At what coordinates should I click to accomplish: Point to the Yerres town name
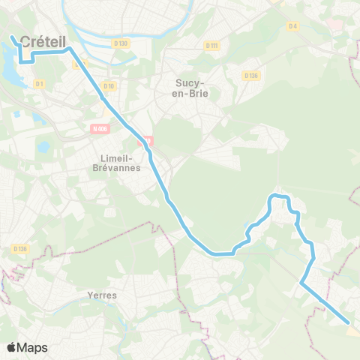click(102, 295)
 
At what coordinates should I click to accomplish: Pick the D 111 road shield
click(211, 45)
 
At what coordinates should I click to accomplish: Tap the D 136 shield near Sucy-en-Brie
click(250, 75)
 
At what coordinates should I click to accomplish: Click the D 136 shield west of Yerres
click(19, 248)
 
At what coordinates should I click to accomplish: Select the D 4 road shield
click(293, 26)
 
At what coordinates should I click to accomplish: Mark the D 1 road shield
click(38, 83)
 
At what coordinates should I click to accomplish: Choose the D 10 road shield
click(109, 86)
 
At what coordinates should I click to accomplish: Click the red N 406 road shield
click(98, 129)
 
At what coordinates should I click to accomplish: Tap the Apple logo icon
click(12, 347)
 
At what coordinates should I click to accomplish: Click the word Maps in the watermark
click(32, 347)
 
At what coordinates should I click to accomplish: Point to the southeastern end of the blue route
click(349, 324)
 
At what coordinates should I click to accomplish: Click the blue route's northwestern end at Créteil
click(13, 36)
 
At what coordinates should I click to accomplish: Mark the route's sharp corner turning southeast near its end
click(301, 283)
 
